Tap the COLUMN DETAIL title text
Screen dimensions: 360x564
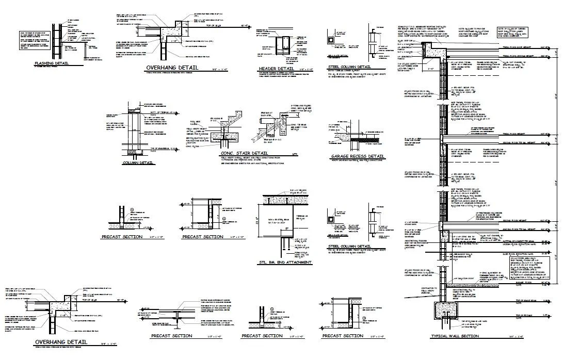click(138, 163)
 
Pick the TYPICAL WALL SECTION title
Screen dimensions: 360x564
click(455, 337)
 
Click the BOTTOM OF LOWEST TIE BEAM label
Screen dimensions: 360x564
click(521, 240)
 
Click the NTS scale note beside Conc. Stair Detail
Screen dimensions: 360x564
click(295, 154)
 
